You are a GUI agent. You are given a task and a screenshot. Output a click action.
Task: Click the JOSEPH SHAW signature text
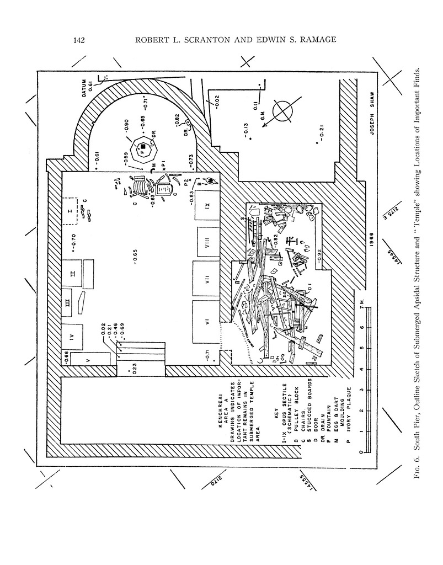[361, 114]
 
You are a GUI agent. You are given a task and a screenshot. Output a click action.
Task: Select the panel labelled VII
[207, 280]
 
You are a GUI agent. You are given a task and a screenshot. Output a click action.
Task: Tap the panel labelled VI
[207, 324]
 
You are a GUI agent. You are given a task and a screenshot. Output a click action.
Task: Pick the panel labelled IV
[72, 333]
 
